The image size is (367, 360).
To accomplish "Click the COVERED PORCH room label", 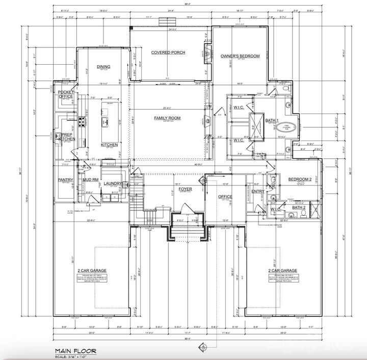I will point(168,52).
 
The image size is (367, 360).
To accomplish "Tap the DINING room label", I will point(103,67).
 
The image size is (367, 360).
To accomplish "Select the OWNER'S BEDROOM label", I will point(240,56).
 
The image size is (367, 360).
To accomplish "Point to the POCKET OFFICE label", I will point(66,94).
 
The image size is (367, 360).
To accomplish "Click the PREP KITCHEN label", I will point(66,136).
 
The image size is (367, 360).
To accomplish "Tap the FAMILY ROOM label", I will point(168,118).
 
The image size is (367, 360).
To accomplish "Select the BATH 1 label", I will point(271,121).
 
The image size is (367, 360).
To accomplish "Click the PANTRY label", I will point(66,180).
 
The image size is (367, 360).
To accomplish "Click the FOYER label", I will point(185,189).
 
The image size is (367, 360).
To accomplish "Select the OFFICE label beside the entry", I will point(225,197).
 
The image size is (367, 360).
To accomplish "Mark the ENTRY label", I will point(258,191).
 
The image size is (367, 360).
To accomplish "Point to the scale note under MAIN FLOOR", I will point(71,355).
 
